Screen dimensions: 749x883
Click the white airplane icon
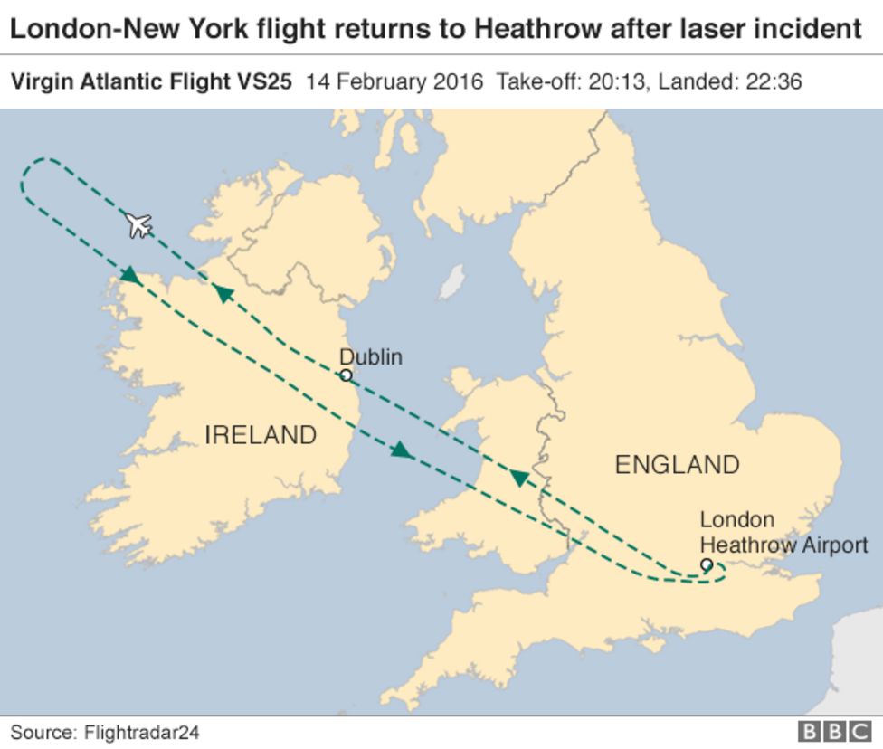tap(138, 223)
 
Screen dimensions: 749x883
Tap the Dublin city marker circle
tap(345, 374)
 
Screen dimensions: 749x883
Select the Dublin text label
tap(371, 357)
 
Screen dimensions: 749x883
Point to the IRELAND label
tap(261, 435)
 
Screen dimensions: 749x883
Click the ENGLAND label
tap(677, 465)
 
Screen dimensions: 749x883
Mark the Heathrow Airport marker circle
tap(707, 565)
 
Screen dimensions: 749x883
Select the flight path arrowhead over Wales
tap(519, 477)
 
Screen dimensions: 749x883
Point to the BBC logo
tap(830, 731)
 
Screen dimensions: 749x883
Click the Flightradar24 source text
tap(141, 731)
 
